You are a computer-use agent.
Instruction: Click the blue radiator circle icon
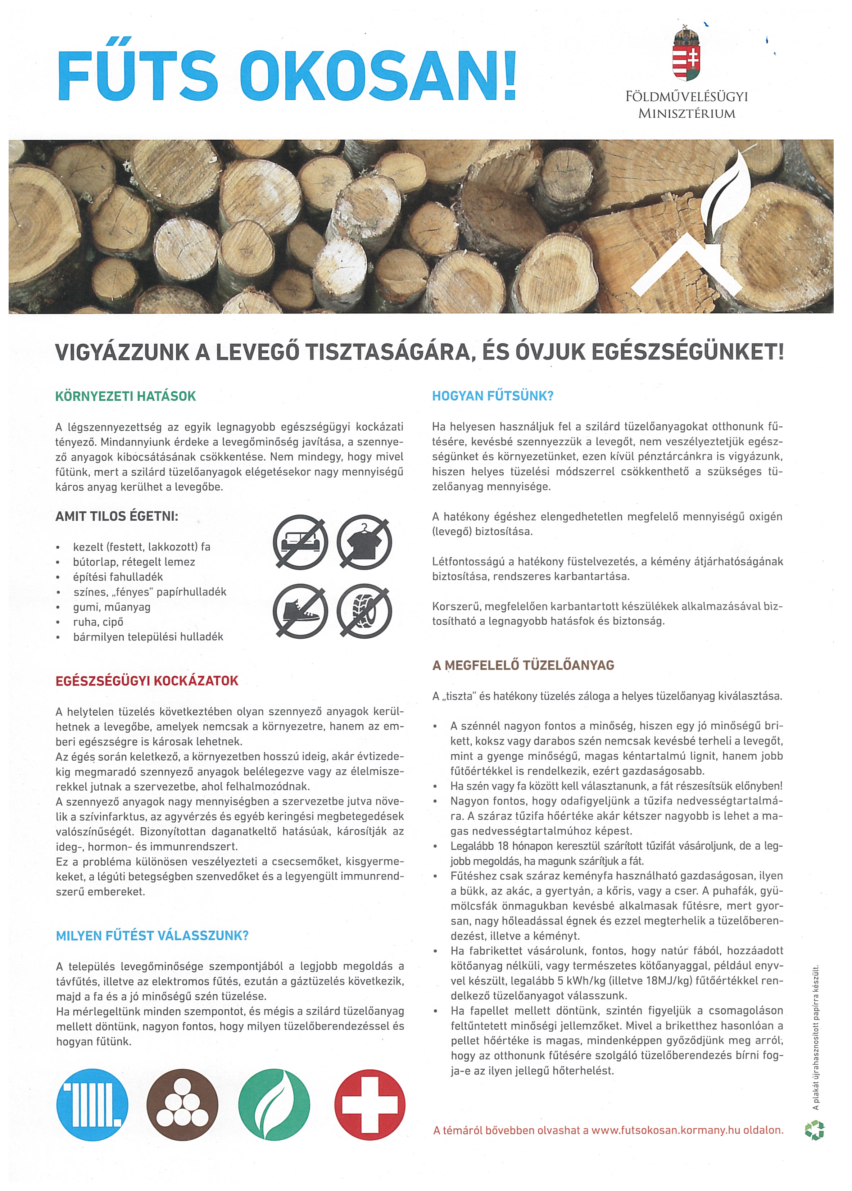92,1104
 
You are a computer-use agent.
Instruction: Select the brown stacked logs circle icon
182,1104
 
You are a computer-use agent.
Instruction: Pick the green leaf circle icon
274,1104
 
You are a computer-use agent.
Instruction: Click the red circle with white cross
370,1104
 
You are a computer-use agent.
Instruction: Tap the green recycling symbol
814,1130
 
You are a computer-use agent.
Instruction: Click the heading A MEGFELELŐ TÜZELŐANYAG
523,665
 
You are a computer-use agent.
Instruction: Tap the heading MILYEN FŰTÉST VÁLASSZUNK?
152,936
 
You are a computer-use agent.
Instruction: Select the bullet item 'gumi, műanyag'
112,607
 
